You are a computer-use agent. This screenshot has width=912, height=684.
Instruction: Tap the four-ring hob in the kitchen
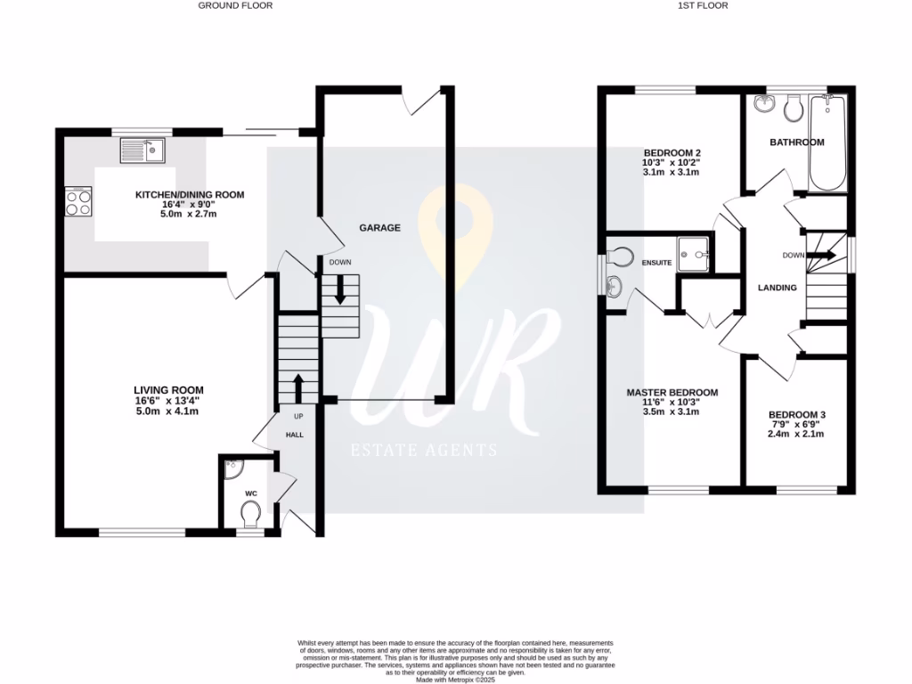pos(77,202)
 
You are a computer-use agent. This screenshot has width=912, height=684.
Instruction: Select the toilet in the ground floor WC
pos(250,512)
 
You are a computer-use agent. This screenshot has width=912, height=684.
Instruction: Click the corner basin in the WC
pos(232,465)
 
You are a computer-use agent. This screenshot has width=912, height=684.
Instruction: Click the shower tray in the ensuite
pos(694,253)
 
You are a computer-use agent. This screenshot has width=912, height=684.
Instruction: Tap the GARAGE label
pos(379,228)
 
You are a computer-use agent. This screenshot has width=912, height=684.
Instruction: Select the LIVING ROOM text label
pos(168,390)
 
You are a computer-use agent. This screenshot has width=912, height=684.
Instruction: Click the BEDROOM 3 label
pos(797,415)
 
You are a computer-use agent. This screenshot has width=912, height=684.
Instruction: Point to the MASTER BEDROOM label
pos(672,393)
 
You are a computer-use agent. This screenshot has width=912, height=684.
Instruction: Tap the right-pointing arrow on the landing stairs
pos(821,255)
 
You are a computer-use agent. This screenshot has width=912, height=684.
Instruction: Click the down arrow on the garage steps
pos(340,291)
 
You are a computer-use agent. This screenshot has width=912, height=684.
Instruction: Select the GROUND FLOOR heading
pos(235,5)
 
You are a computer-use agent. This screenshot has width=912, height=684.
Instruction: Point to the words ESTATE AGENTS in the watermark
pos(423,451)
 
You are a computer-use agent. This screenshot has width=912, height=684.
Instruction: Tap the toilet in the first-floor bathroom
pos(792,109)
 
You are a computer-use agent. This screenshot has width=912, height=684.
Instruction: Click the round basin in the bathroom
pos(763,105)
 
